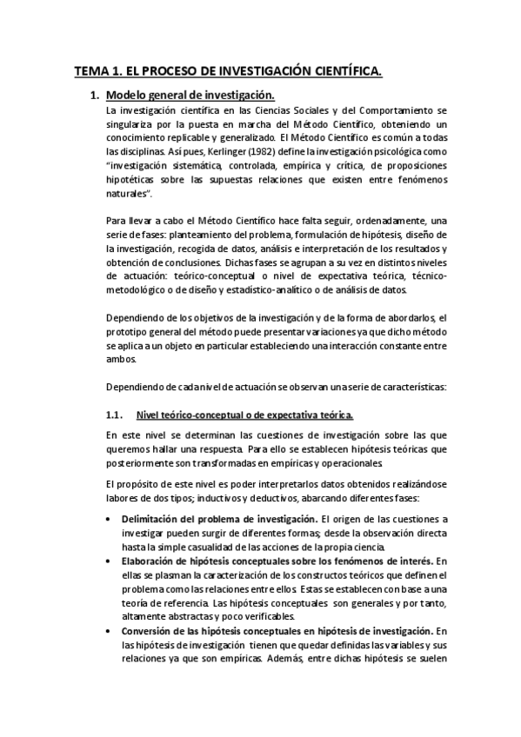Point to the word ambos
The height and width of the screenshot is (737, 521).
119,362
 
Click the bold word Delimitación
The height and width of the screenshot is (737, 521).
154,520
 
